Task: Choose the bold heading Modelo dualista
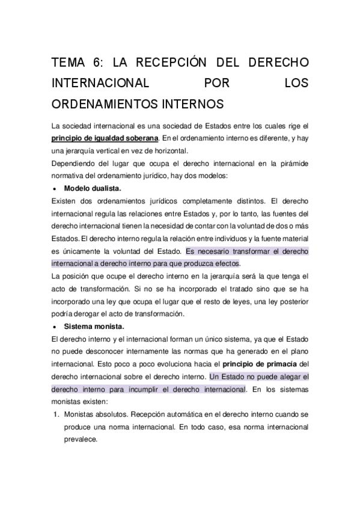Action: (x=93, y=188)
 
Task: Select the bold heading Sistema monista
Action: (x=94, y=327)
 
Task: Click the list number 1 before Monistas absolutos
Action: (x=54, y=414)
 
